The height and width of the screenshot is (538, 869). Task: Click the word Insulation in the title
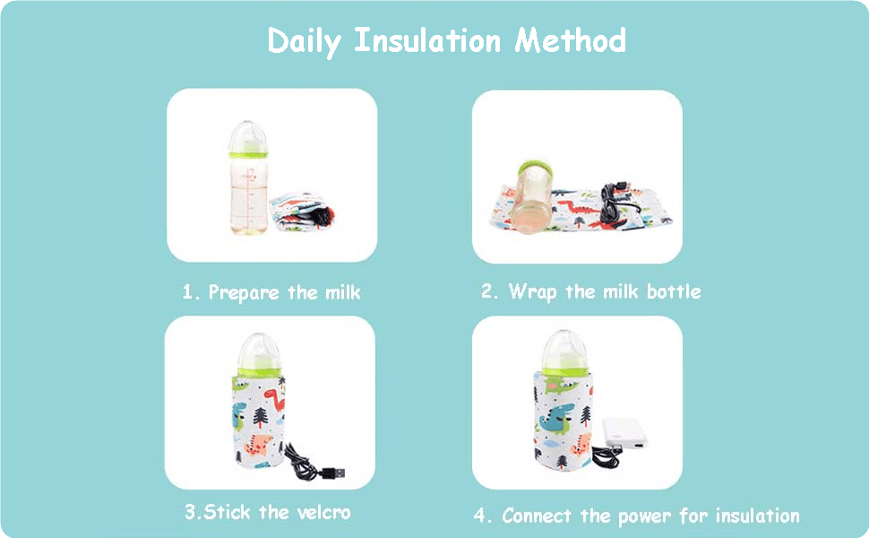coord(427,40)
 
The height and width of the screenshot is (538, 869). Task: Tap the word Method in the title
coord(571,40)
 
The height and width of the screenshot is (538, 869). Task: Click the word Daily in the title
coord(305,42)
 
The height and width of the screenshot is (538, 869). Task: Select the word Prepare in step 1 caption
coord(244,292)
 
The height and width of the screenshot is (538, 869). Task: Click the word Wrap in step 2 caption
coord(532,291)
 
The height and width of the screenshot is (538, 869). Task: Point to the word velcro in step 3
coord(323,512)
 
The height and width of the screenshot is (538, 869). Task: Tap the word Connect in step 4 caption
coord(537,516)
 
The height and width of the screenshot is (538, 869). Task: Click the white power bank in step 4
coord(625,433)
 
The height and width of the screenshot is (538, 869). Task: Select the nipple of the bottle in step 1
coord(248,136)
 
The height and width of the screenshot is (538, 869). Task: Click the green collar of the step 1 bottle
coord(248,155)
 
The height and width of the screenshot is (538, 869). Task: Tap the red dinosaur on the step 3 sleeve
coord(274,399)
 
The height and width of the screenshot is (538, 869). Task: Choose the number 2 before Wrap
coord(489,291)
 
